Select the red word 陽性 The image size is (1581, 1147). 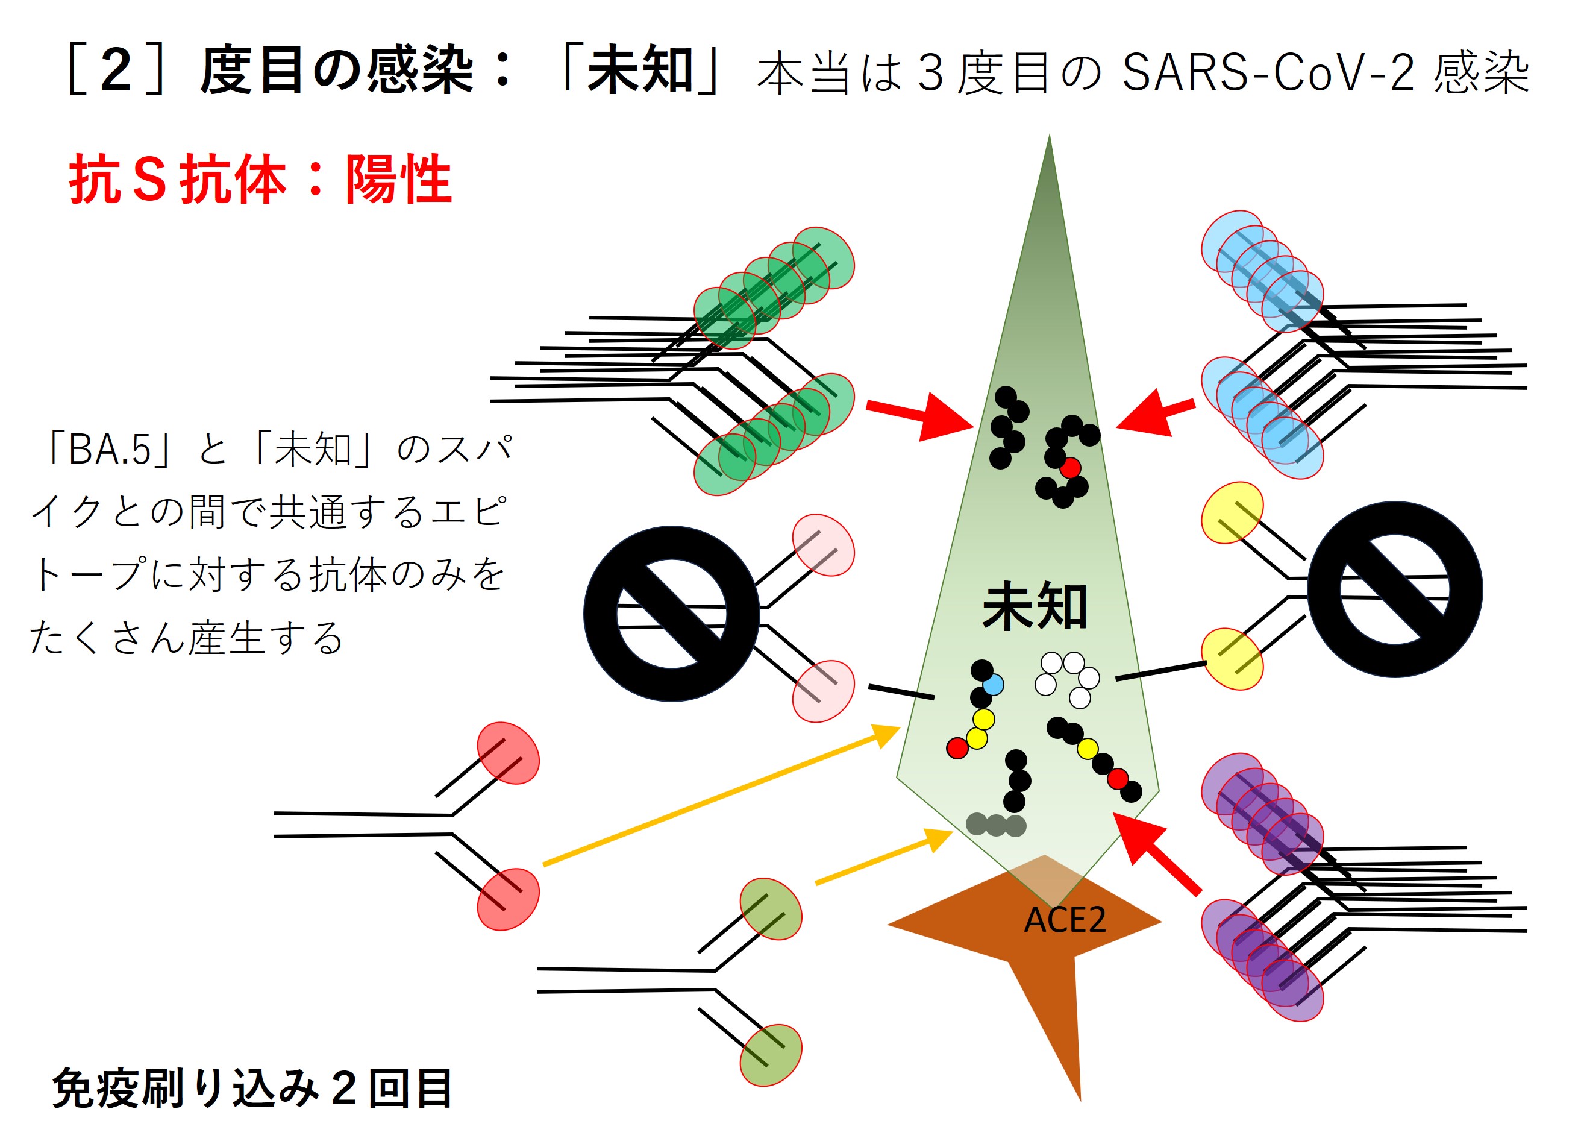(x=399, y=180)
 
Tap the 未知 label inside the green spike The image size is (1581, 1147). (x=1035, y=606)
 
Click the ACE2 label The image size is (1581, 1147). (x=1065, y=920)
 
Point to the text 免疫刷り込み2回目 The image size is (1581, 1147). (x=252, y=1089)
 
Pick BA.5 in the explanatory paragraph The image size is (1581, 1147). (x=110, y=449)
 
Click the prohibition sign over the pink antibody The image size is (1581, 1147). (x=671, y=614)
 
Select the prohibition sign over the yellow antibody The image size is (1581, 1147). (x=1395, y=589)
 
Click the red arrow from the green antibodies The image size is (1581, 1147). (x=920, y=416)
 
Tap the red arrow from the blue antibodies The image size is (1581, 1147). (x=1156, y=413)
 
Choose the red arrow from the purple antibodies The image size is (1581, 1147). (x=1157, y=853)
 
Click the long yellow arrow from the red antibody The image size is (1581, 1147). (x=721, y=796)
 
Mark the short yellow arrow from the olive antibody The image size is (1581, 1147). (x=884, y=857)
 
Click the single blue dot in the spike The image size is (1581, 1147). (x=993, y=685)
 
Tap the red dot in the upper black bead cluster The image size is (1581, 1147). (x=1070, y=468)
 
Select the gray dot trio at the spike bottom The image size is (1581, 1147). (x=996, y=825)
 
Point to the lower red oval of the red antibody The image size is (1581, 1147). (x=508, y=899)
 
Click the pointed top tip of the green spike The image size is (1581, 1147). (x=1049, y=134)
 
